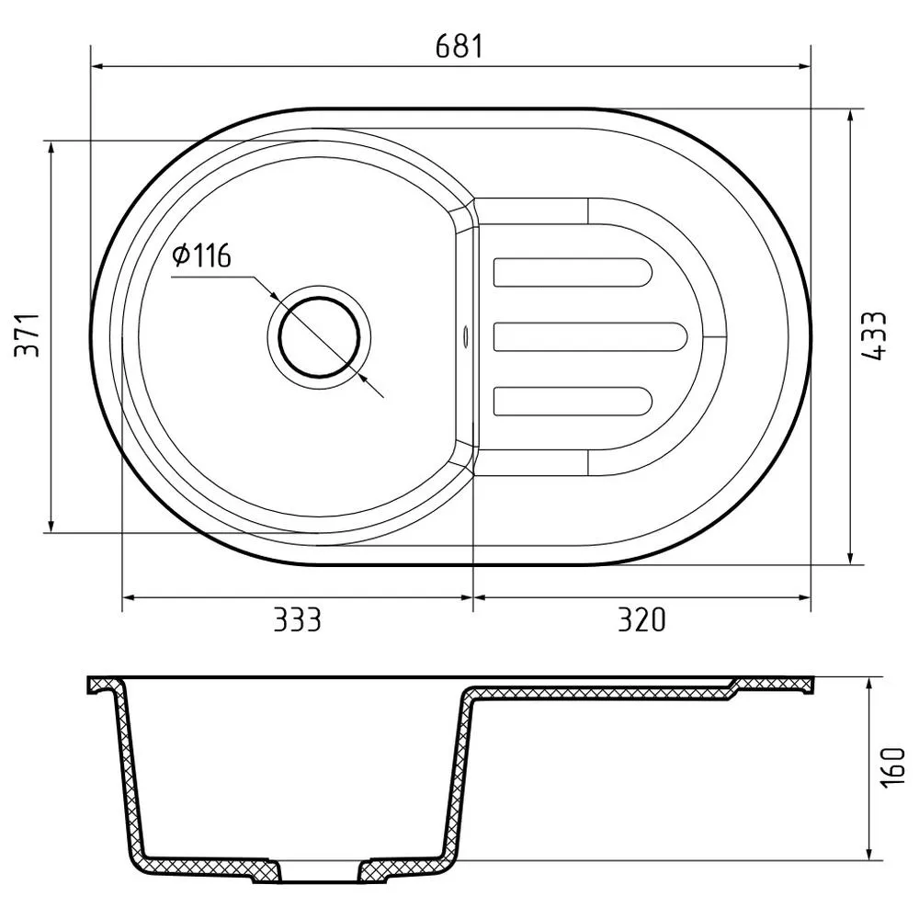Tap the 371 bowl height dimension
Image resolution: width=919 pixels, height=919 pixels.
[28, 336]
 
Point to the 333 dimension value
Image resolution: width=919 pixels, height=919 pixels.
[298, 620]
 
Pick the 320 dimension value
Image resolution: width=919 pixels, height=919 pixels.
[641, 620]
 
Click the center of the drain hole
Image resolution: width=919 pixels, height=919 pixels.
[320, 337]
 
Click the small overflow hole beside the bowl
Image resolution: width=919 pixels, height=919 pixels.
[465, 335]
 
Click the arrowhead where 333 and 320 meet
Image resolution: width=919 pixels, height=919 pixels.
[472, 597]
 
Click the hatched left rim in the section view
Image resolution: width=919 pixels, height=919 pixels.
[105, 686]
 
